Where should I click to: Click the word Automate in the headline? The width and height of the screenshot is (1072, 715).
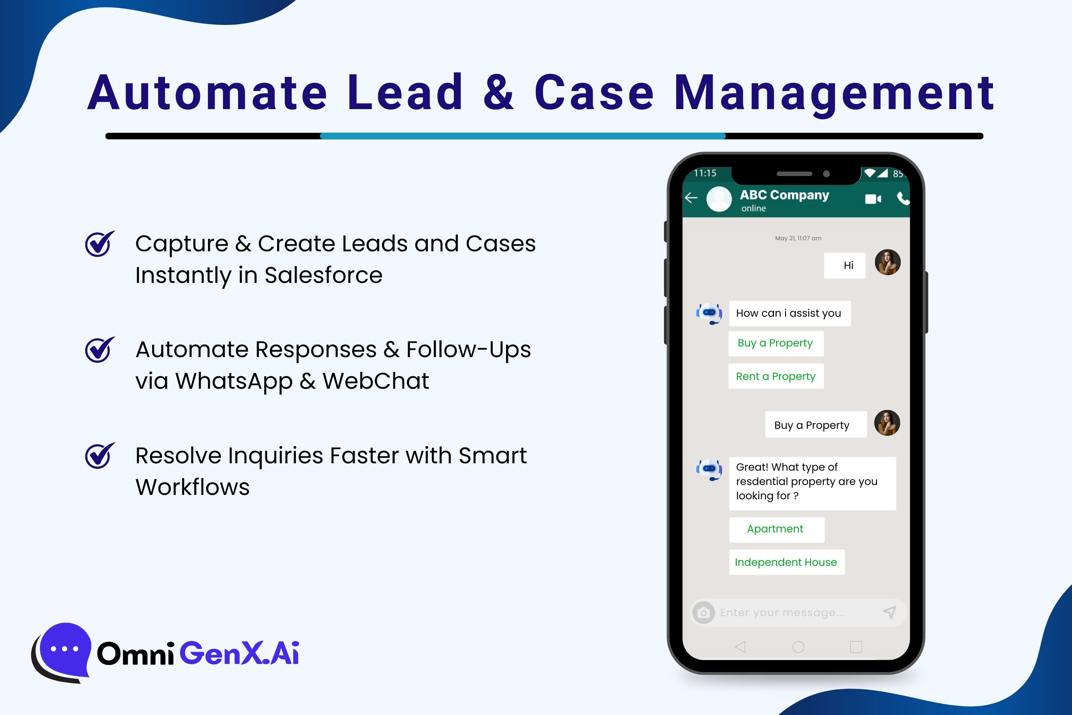click(208, 93)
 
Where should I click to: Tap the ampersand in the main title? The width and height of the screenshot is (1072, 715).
click(498, 93)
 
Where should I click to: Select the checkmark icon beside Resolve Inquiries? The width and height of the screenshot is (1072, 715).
click(100, 455)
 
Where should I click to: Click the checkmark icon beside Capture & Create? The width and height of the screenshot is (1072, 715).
click(100, 244)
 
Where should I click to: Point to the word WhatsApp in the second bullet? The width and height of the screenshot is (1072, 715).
click(233, 381)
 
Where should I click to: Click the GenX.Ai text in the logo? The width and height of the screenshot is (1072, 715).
click(239, 653)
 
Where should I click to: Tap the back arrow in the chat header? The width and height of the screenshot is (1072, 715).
click(691, 197)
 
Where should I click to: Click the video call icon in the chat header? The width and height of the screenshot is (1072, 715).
click(873, 199)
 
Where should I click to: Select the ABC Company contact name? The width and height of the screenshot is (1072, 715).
click(784, 195)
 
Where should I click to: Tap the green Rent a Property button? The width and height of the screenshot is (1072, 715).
click(776, 376)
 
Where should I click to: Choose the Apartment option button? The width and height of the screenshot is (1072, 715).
click(777, 529)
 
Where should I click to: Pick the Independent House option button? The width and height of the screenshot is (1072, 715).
click(786, 562)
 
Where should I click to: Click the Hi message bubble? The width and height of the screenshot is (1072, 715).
click(845, 265)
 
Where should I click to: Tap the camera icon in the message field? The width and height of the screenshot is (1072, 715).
click(703, 612)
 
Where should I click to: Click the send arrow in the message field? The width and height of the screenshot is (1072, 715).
click(890, 612)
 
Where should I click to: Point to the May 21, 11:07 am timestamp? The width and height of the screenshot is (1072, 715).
click(798, 238)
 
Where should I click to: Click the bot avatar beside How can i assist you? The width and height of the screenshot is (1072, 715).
click(709, 314)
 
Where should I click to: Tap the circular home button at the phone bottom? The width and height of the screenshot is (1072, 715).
click(798, 647)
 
